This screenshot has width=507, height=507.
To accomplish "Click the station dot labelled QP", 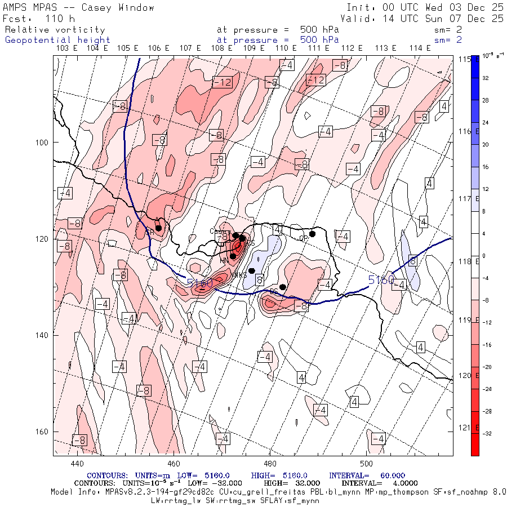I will pyautogui.click(x=312, y=234).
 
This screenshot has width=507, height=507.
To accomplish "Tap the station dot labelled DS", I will pyautogui.click(x=283, y=287).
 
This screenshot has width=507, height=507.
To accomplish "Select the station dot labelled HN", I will pyautogui.click(x=233, y=256).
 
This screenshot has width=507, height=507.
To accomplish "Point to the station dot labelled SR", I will pyautogui.click(x=159, y=228).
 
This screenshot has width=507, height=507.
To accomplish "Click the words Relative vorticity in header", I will pyautogui.click(x=55, y=30).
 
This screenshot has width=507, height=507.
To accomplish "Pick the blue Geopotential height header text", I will pyautogui.click(x=57, y=40).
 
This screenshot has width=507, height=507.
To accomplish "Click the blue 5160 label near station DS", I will pyautogui.click(x=199, y=283).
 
